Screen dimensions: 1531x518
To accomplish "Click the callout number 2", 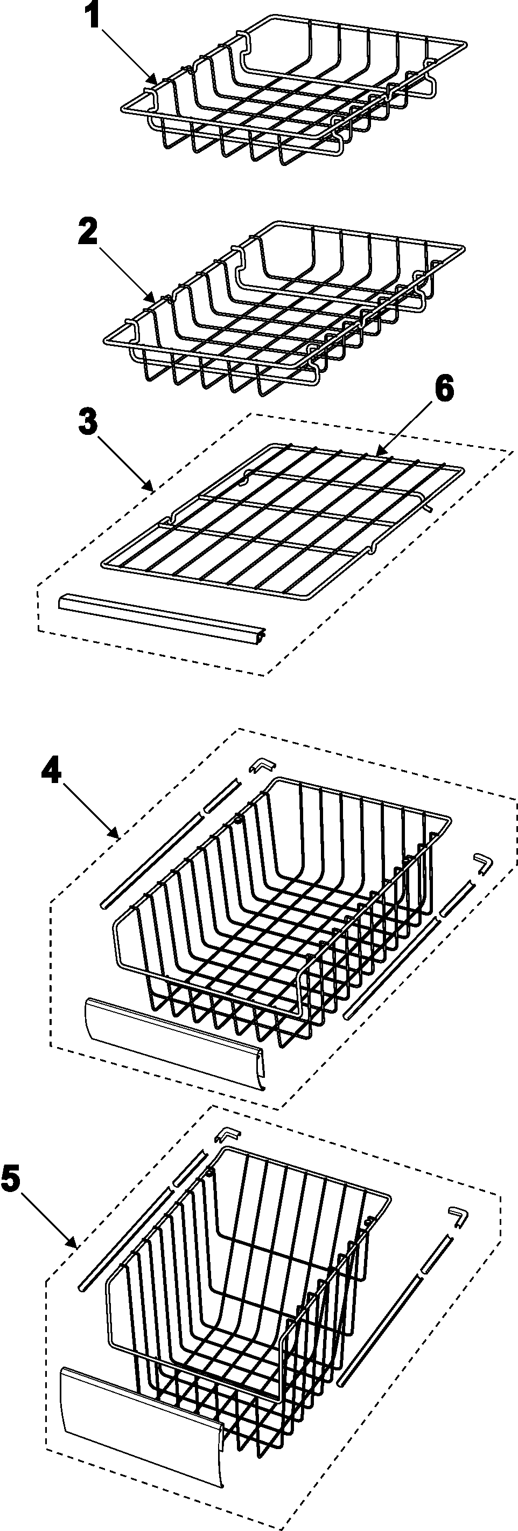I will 88,232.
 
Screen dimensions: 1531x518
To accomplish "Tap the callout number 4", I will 52,774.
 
